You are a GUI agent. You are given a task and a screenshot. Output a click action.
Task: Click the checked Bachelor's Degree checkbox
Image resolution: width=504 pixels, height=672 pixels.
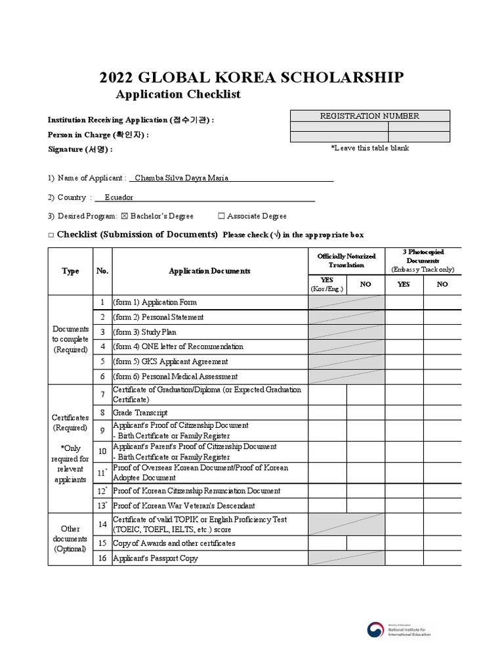point(125,216)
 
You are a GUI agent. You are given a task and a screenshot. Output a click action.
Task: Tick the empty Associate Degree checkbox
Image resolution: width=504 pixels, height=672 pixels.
point(221,216)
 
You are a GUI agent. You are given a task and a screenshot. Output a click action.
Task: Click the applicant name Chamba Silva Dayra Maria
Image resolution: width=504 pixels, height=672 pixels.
point(181,178)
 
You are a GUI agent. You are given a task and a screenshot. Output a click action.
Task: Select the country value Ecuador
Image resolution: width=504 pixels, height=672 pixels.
point(119,197)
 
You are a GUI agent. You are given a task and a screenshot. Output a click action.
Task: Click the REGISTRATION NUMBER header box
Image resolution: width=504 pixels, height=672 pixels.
point(369,116)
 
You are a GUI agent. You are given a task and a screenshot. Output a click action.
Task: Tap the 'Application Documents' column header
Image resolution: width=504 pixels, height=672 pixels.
point(209,271)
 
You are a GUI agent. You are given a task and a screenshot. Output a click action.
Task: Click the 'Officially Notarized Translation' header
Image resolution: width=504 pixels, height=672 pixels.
point(346,261)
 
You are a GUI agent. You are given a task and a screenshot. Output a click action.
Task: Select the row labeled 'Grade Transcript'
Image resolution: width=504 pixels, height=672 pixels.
point(140,413)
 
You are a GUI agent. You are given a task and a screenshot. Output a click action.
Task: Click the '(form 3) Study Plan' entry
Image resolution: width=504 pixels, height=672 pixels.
point(145,332)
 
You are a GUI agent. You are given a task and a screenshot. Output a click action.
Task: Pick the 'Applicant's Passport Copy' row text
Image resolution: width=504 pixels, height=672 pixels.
point(156,558)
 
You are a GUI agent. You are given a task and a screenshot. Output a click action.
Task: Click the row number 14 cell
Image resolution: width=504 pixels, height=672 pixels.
point(102,525)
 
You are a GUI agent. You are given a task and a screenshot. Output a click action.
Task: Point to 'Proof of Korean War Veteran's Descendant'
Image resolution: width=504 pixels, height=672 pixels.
point(184,506)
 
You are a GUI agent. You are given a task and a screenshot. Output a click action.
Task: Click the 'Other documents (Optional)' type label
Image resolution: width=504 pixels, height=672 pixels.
point(70,538)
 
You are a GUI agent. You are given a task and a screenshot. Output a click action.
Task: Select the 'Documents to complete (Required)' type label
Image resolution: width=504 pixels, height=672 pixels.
point(70,339)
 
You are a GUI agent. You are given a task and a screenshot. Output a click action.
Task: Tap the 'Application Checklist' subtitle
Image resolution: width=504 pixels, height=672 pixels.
point(178,94)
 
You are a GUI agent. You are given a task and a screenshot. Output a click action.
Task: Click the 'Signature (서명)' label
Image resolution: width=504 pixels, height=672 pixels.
point(80,149)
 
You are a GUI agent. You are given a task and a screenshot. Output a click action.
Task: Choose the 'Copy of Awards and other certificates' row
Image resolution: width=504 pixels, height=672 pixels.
point(174,543)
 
